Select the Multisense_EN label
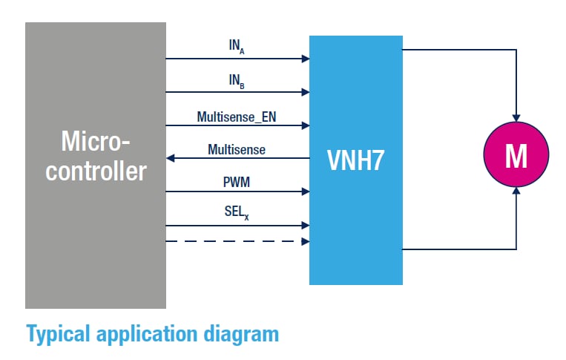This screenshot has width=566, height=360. [237, 117]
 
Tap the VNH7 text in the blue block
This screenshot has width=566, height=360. [356, 160]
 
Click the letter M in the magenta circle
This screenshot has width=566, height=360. [516, 155]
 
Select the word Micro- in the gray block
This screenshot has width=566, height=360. [95, 141]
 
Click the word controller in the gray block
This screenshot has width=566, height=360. [95, 171]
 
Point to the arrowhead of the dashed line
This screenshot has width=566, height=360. [306, 241]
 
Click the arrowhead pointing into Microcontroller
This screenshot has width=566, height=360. [171, 158]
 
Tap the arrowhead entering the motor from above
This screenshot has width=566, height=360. [516, 117]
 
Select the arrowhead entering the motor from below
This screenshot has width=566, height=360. [516, 192]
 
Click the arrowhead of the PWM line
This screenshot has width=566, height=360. [306, 192]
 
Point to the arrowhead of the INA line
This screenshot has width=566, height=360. [306, 58]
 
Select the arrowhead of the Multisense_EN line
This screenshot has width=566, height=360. [306, 126]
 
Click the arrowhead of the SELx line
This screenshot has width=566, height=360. [306, 225]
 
